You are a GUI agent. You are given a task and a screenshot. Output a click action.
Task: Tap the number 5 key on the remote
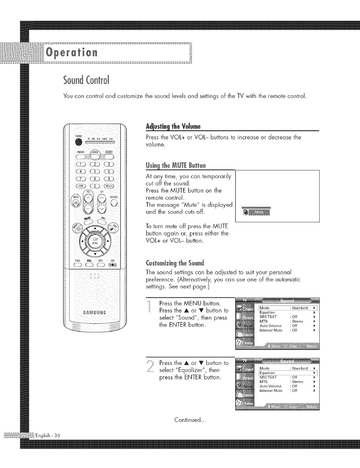pyautogui.click(x=95, y=171)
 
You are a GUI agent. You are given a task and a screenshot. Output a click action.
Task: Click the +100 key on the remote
pyautogui.click(x=80, y=186)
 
